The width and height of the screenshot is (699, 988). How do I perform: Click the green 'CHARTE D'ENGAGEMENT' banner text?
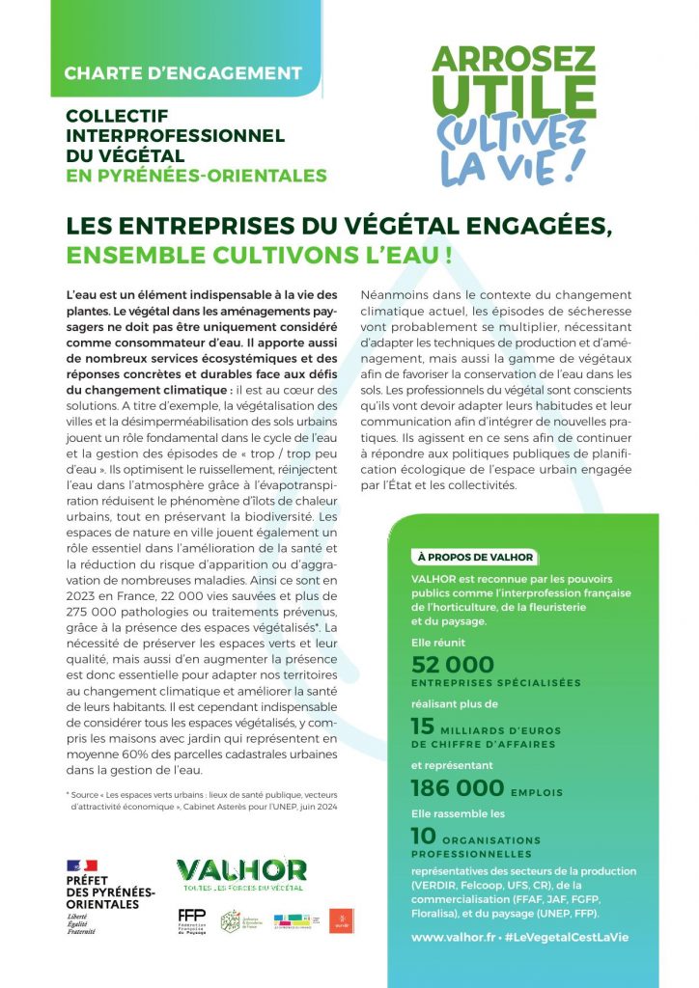pos(182,73)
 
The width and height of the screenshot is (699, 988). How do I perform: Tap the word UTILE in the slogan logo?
pos(514,96)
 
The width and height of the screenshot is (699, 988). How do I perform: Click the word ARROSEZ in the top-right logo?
pos(514,59)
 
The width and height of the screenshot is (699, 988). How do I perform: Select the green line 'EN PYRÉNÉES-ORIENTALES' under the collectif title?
pos(196,176)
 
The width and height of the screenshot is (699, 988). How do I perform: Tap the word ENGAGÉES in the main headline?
pos(532,228)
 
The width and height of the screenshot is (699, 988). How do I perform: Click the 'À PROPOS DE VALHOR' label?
pos(475,557)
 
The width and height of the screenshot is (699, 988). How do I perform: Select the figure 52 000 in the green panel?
pos(452,664)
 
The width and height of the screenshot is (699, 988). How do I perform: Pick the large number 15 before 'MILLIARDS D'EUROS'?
pos(423,727)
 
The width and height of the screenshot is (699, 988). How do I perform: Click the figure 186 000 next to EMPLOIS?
pos(458,788)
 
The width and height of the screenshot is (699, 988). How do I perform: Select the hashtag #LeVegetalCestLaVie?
pos(573,937)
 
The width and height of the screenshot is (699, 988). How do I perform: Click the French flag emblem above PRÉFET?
pos(82,865)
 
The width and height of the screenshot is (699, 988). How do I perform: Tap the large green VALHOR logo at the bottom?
pos(241,871)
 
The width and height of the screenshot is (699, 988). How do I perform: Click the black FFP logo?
pos(191,919)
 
